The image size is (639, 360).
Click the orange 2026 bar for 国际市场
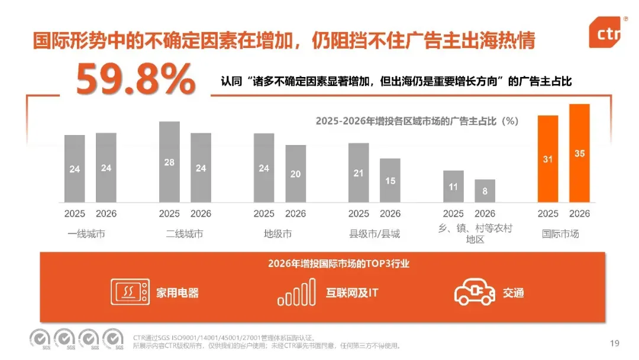tap(579, 153)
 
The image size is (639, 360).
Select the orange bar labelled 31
tap(548, 159)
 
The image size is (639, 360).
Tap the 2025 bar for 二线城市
tap(169, 162)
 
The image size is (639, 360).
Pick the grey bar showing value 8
tap(485, 191)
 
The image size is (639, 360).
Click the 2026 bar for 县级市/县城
tap(390, 181)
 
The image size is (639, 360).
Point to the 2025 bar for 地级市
tap(264, 168)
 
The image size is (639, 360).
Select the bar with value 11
tap(453, 187)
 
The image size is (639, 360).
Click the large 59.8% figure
tap(135, 79)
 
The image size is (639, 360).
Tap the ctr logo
tap(605, 32)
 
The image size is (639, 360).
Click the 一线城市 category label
tap(86, 234)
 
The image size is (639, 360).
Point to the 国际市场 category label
tap(560, 234)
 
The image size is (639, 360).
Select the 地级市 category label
tap(277, 234)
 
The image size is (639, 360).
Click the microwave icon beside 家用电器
tap(130, 291)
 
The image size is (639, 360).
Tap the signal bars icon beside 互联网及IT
tap(296, 292)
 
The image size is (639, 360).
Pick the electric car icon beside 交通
tap(475, 292)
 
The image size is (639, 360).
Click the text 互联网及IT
tap(351, 292)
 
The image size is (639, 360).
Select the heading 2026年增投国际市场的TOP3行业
tap(338, 263)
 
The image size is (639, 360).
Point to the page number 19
tap(615, 343)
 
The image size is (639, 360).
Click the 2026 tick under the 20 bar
tap(295, 214)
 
